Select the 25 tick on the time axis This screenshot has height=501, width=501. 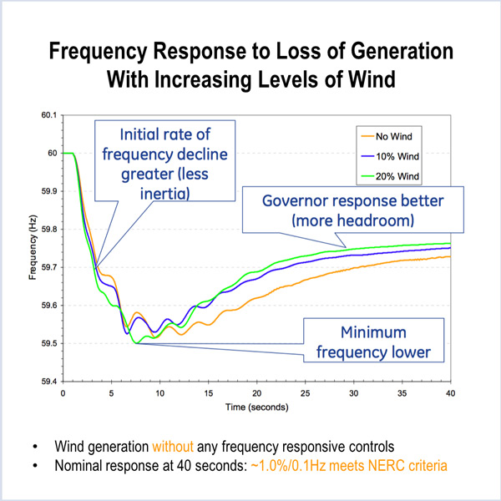click(306, 392)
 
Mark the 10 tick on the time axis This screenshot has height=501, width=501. click(160, 392)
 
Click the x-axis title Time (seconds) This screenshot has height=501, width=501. click(257, 408)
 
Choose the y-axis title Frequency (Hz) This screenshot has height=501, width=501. click(32, 248)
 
